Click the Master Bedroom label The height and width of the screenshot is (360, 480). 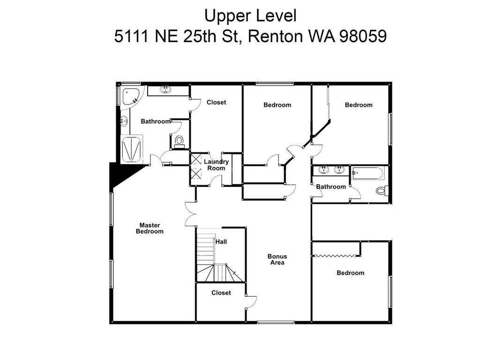tap(150, 228)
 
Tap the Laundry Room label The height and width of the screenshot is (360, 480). tap(216, 165)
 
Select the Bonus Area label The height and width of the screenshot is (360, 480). tap(277, 259)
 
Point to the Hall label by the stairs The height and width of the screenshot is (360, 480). tap(221, 241)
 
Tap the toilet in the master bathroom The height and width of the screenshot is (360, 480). tap(179, 142)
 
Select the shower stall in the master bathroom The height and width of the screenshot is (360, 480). tap(131, 149)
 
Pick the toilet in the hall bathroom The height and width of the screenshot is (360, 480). tap(382, 191)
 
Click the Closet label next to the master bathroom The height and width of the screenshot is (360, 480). tap(216, 102)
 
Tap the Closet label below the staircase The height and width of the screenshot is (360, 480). tap(221, 292)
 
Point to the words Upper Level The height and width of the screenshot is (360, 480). tap(250, 15)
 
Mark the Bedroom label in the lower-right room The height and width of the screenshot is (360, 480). tap(351, 273)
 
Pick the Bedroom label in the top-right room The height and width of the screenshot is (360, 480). tap(359, 105)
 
